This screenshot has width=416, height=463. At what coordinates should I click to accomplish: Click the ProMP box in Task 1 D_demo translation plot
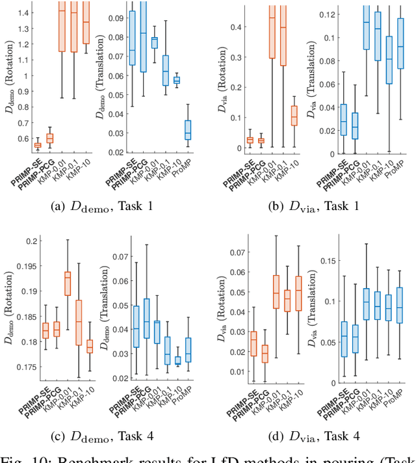(188, 129)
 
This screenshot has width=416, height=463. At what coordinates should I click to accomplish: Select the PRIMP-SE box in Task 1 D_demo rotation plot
(36, 145)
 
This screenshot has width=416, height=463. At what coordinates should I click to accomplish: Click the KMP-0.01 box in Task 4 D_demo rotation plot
(68, 283)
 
